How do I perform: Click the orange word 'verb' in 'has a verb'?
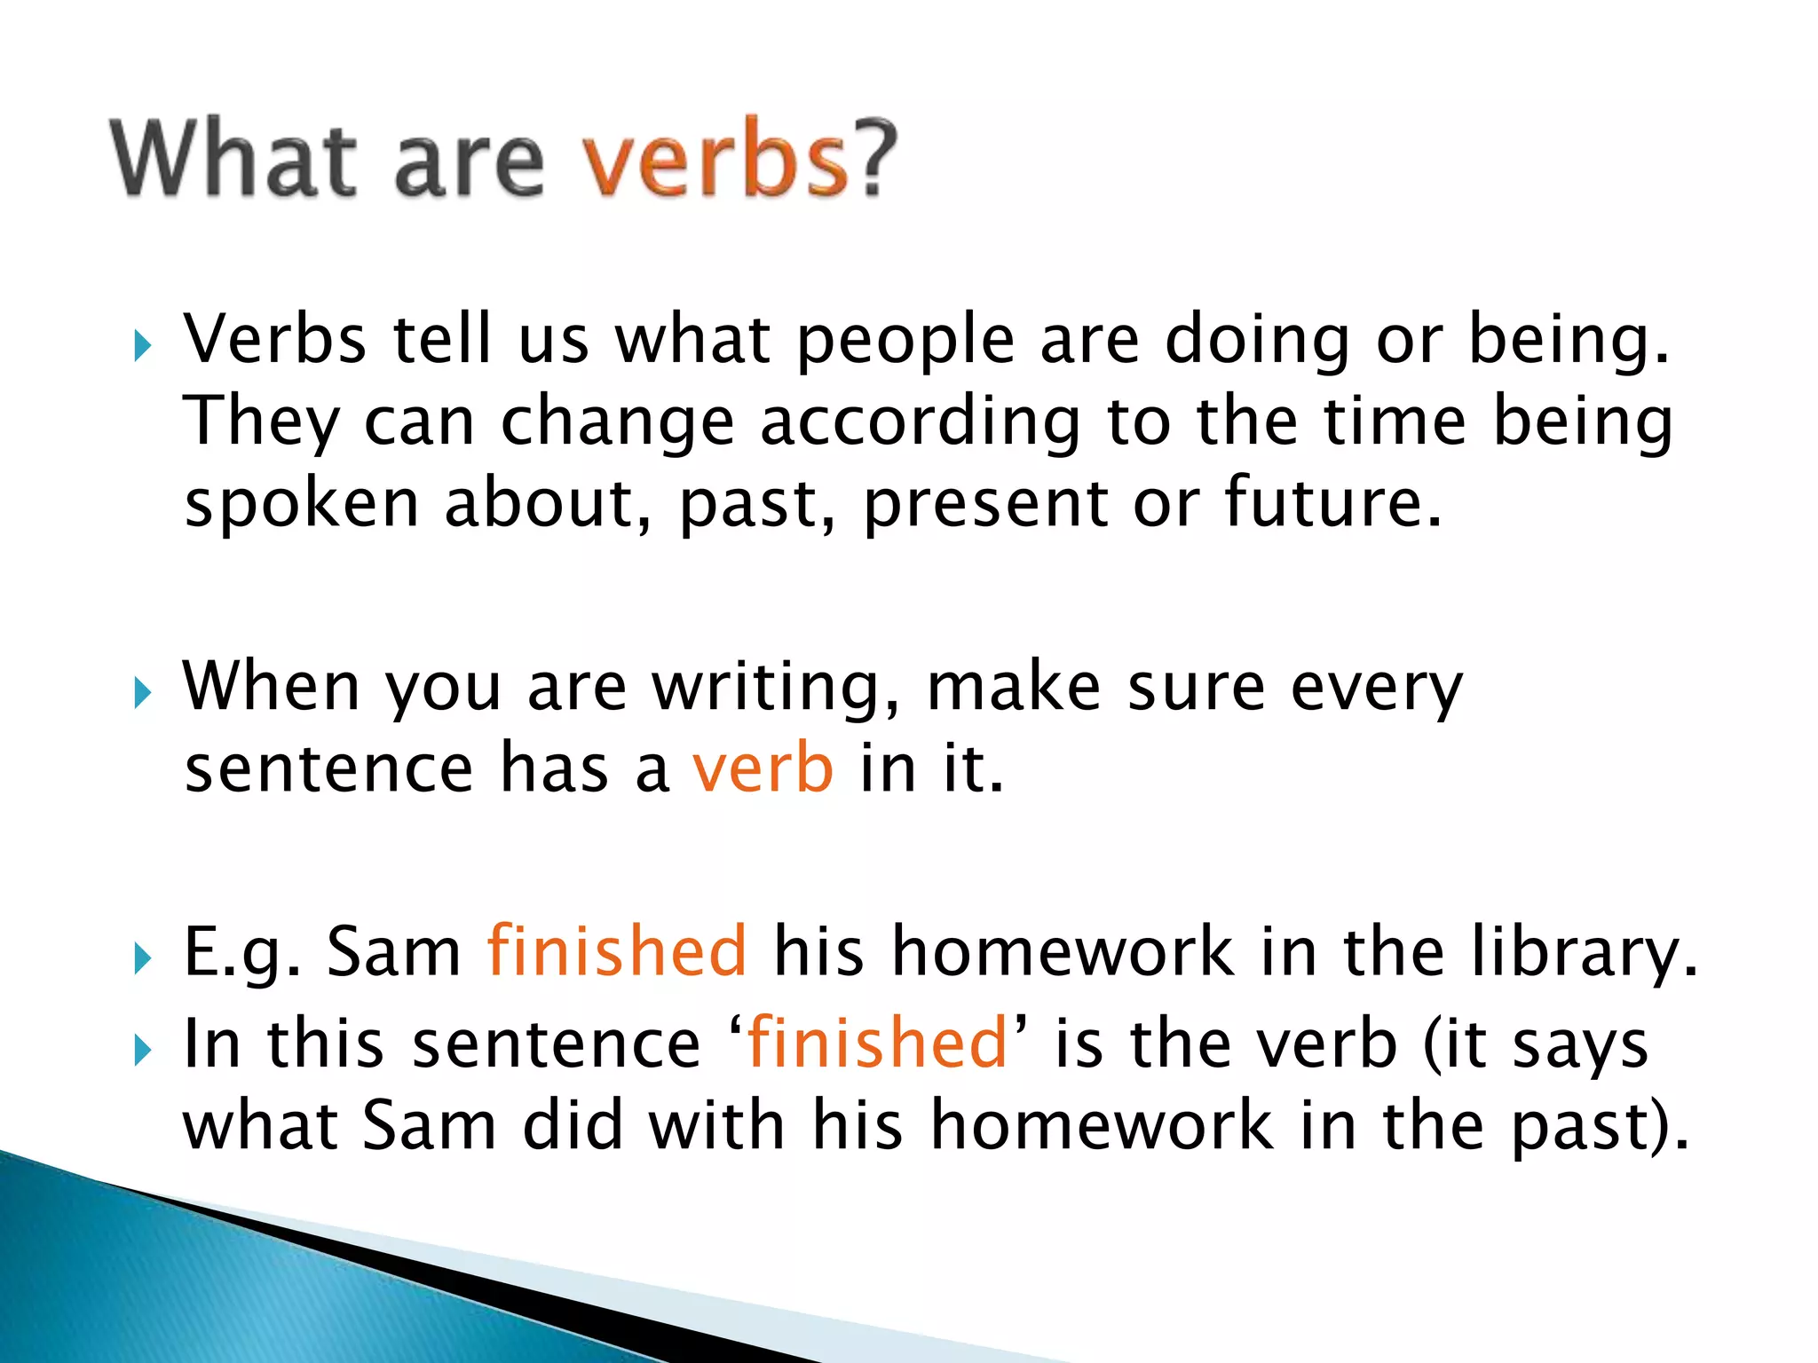pyautogui.click(x=763, y=769)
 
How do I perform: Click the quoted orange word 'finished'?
pyautogui.click(x=877, y=1044)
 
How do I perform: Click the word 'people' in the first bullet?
pyautogui.click(x=905, y=342)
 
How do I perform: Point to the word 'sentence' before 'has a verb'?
pyautogui.click(x=328, y=769)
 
